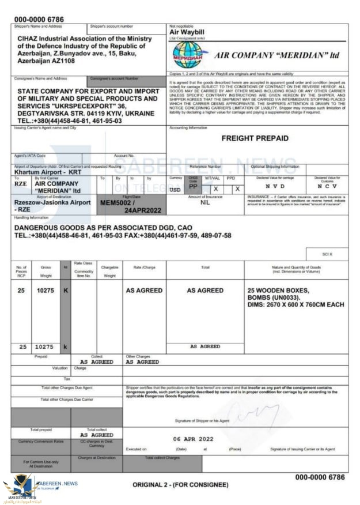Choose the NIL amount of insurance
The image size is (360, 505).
pos(205,203)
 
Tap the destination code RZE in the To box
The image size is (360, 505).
pos(21,186)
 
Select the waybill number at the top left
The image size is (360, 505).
pos(39,20)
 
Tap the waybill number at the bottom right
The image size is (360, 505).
pos(320,477)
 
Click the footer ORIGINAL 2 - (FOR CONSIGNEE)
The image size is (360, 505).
pos(180,485)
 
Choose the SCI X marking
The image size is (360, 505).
pos(327,253)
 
